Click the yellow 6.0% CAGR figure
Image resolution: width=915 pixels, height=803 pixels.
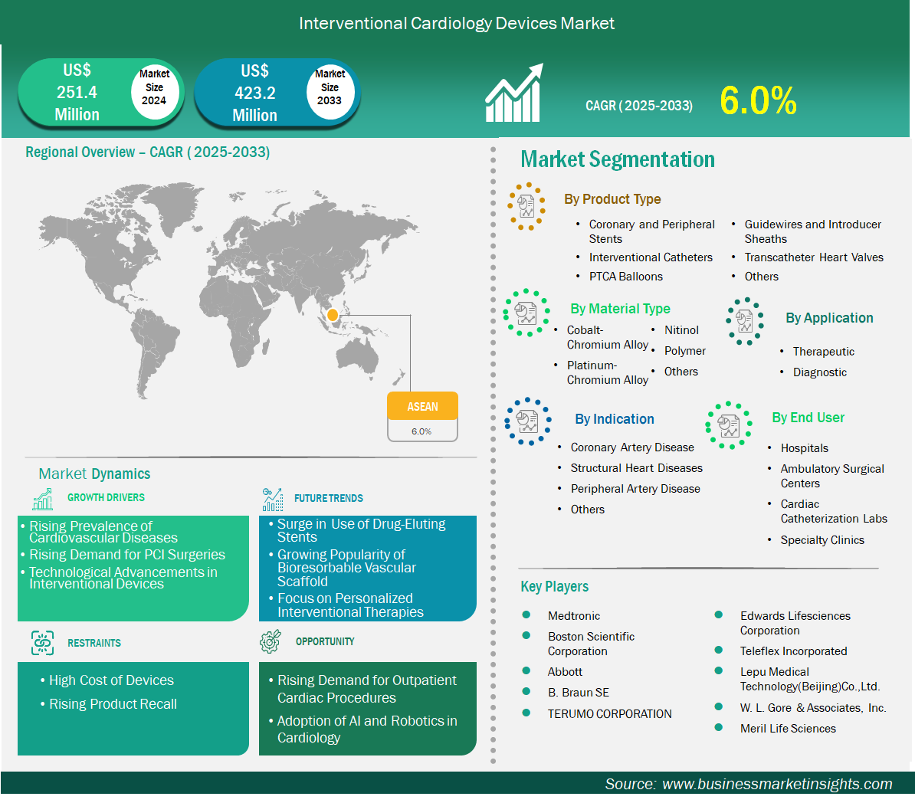(758, 100)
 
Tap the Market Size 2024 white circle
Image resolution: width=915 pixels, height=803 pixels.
(154, 88)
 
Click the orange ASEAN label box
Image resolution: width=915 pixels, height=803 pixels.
(422, 406)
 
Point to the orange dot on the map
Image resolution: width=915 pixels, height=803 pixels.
(333, 315)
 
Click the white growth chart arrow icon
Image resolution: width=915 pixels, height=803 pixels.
(514, 93)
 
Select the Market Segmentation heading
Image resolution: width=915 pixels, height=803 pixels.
(618, 159)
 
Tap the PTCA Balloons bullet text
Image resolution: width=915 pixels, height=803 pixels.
(625, 277)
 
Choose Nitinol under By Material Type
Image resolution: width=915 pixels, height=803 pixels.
(681, 330)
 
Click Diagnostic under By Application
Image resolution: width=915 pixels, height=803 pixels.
(819, 372)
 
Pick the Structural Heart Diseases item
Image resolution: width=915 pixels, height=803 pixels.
(636, 468)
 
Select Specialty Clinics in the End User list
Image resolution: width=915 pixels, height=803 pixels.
(822, 540)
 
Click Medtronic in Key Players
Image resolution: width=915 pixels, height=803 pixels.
(574, 616)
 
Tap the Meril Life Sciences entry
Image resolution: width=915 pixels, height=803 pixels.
(788, 729)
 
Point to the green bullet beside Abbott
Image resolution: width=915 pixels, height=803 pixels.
(526, 671)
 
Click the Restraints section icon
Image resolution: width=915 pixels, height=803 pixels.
(42, 643)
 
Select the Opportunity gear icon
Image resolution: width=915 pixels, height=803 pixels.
(271, 641)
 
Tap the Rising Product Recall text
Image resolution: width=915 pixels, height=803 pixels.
(113, 704)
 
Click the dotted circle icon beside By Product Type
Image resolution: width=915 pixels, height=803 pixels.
(526, 206)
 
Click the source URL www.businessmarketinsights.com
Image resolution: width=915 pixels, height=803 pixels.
(777, 784)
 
